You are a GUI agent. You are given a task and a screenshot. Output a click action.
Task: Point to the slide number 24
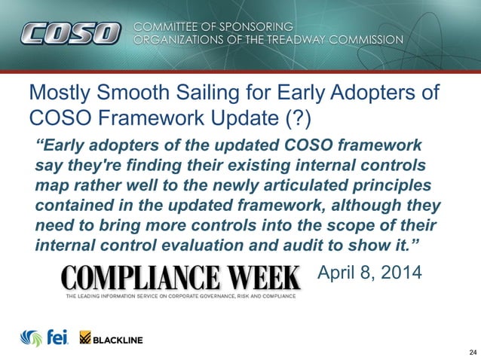click(x=472, y=352)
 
